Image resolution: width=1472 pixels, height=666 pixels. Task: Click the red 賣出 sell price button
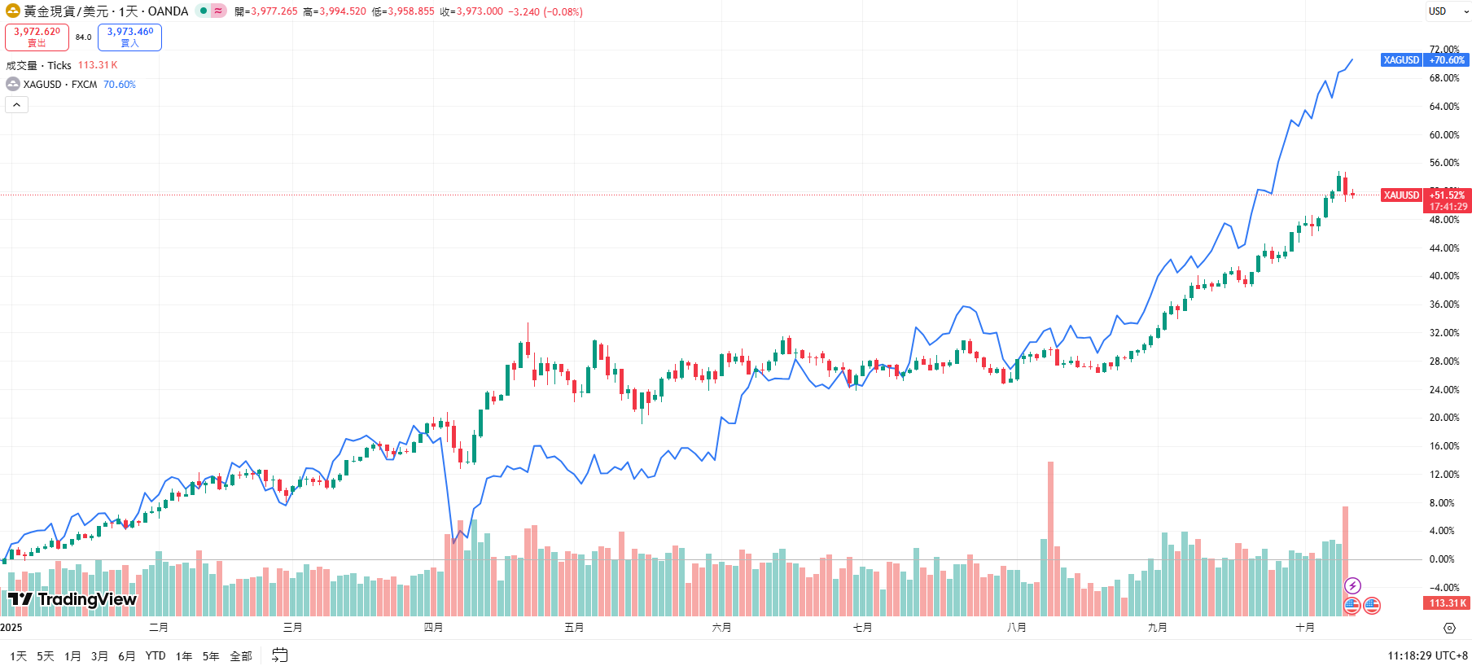tap(37, 37)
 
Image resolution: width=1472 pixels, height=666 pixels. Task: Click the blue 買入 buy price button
tap(129, 37)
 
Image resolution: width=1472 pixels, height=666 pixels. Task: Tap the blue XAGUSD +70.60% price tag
tap(1425, 60)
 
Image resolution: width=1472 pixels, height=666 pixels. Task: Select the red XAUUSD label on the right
tap(1401, 195)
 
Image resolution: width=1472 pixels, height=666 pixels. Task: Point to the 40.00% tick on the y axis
tap(1444, 276)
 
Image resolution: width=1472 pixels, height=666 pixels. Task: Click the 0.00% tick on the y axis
tap(1442, 559)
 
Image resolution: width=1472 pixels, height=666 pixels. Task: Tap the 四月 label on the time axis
tap(433, 628)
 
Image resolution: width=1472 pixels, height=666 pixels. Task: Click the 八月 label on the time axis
tap(1016, 628)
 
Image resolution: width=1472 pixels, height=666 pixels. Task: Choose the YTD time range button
tap(156, 656)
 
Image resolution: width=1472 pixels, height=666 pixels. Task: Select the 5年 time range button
tap(211, 656)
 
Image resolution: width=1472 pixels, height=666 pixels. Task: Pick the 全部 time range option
tap(241, 656)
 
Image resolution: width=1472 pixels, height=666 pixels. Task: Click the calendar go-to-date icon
tap(280, 655)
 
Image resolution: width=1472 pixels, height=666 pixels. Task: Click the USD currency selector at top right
tap(1447, 11)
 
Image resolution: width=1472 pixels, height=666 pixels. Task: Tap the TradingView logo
tap(72, 600)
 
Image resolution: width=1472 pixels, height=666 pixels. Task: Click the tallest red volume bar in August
tap(1050, 537)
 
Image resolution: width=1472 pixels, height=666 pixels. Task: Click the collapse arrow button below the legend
tap(16, 105)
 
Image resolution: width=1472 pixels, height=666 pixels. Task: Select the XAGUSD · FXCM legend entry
tap(59, 85)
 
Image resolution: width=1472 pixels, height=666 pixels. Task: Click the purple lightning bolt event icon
tap(1352, 585)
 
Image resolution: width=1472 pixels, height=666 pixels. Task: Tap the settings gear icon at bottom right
tap(1449, 628)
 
